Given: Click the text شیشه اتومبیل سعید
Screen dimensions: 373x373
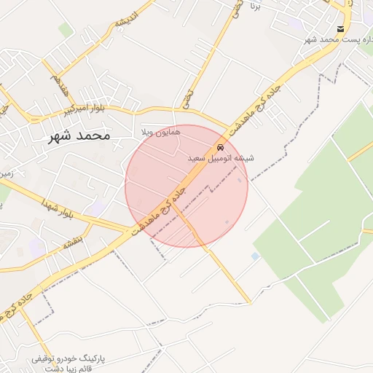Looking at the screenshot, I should click(x=211, y=158).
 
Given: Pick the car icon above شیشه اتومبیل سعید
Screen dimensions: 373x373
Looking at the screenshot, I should click(x=221, y=146).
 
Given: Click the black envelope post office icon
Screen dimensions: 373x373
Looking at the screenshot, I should click(x=340, y=28).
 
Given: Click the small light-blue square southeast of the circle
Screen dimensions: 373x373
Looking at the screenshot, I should click(x=254, y=256).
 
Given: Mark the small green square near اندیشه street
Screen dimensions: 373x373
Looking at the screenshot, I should click(x=66, y=30).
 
